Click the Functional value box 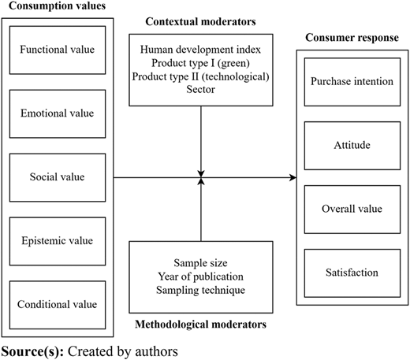point(58,50)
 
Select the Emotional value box point(58,113)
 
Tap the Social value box point(58,177)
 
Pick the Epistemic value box point(58,241)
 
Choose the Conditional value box point(58,305)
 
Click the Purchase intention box point(352,82)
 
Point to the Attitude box point(352,146)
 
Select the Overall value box point(352,210)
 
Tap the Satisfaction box point(352,273)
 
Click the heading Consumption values point(58,6)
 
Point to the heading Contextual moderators point(200,21)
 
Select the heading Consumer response point(352,38)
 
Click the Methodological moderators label point(200,325)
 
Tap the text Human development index point(200,50)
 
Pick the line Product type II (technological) point(200,76)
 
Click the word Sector point(200,90)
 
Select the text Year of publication point(200,276)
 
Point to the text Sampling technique point(200,290)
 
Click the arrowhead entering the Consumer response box point(293,177)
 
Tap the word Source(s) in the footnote point(32,351)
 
